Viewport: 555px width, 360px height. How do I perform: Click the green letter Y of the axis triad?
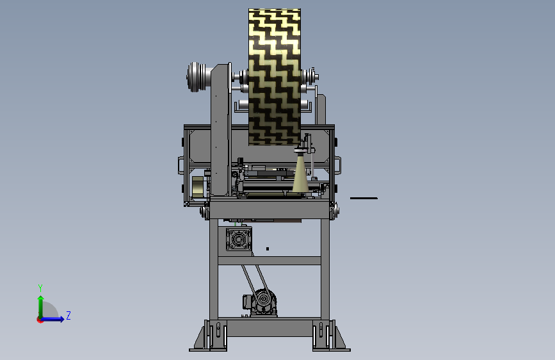(40, 288)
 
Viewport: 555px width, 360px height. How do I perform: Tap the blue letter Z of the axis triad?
(68, 315)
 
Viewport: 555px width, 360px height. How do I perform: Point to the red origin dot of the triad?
(40, 320)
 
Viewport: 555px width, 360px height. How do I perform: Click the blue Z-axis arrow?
(53, 319)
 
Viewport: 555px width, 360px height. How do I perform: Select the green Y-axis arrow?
(41, 307)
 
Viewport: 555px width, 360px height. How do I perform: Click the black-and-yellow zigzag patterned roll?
(275, 77)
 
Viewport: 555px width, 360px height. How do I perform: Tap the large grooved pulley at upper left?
(195, 77)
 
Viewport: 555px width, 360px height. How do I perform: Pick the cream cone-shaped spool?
(300, 172)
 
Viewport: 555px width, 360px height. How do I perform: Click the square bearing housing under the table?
(239, 240)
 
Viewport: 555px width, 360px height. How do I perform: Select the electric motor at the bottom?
(261, 302)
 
